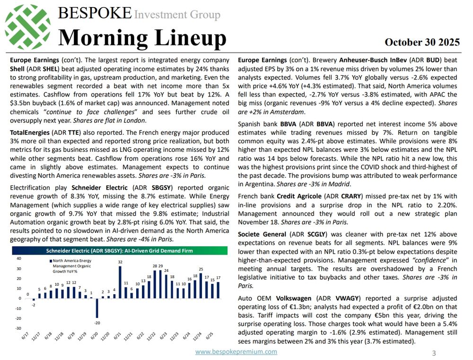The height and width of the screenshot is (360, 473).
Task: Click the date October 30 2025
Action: click(422, 42)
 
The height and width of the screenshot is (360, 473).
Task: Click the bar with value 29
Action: click(160, 284)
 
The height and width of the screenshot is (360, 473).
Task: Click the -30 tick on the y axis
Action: click(18, 328)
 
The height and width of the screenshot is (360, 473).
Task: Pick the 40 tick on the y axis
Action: click(18, 258)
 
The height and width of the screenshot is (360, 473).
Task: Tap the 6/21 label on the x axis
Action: click(116, 336)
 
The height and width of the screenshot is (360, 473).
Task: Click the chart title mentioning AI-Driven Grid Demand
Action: click(119, 251)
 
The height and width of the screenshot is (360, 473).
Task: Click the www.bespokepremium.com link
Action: click(236, 351)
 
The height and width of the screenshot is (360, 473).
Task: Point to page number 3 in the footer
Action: click(434, 353)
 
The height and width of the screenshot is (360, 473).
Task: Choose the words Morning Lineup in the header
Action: click(141, 37)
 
